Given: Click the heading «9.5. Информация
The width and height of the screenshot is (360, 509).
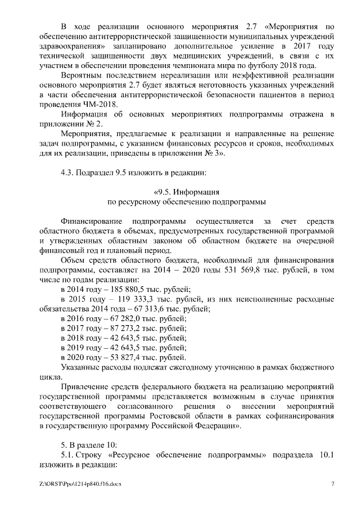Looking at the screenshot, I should pyautogui.click(x=186, y=191).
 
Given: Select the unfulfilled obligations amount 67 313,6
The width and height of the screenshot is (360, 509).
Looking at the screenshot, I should pyautogui.click(x=164, y=309).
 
